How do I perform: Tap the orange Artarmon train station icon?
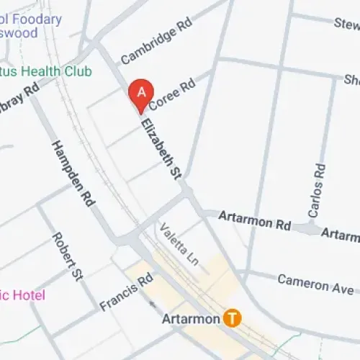tap(231, 317)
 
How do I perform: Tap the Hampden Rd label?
tap(73, 173)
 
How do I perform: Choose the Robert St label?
tap(66, 256)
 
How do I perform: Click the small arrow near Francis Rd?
tap(151, 302)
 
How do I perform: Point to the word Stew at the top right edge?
tap(346, 24)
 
